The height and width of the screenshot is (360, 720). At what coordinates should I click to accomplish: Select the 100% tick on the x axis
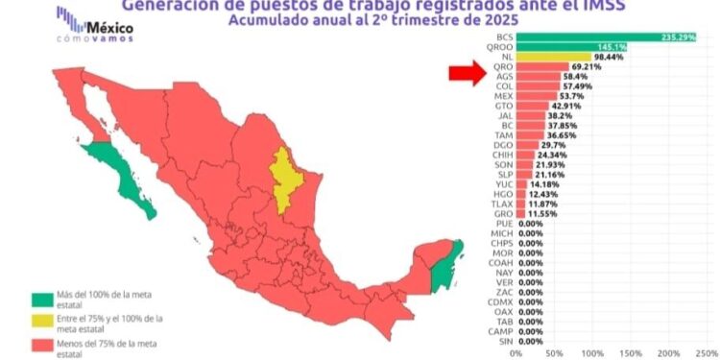(x=593, y=352)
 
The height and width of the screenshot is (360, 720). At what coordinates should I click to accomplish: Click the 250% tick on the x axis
(x=706, y=352)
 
